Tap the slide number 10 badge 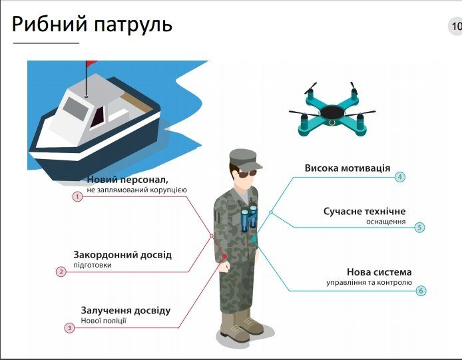tap(455, 27)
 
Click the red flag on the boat tap(91, 64)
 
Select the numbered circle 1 tap(77, 197)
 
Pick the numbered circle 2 tap(61, 271)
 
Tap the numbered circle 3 tap(69, 327)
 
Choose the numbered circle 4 tap(400, 177)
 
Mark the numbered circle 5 tap(419, 227)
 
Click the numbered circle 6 tap(421, 290)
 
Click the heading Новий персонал tap(127, 180)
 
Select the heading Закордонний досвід tap(122, 255)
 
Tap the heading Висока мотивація tap(347, 168)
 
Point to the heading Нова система tap(379, 272)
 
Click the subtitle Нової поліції tap(103, 321)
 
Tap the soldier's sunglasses tap(246, 174)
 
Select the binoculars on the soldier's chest tap(248, 217)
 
